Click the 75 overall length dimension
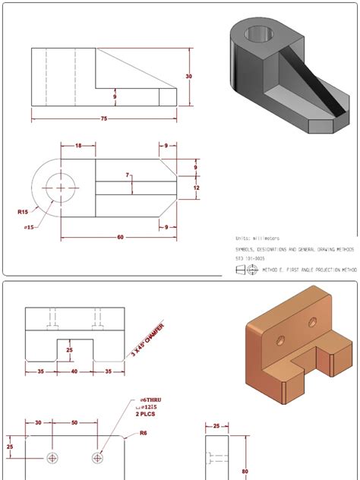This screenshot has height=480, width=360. [104, 118]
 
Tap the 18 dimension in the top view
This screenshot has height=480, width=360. [78, 145]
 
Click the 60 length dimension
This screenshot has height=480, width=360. [120, 237]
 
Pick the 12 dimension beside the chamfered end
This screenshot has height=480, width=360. [196, 187]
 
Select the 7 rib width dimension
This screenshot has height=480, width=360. [128, 176]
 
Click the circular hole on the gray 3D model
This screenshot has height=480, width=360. [257, 35]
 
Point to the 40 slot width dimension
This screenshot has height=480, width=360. [74, 372]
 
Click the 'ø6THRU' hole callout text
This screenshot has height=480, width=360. [151, 399]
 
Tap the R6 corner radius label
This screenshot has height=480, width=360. [142, 434]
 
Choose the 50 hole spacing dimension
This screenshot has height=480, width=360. [74, 422]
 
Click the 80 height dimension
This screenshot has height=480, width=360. [244, 470]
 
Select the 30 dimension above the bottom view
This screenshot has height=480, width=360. [39, 422]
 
